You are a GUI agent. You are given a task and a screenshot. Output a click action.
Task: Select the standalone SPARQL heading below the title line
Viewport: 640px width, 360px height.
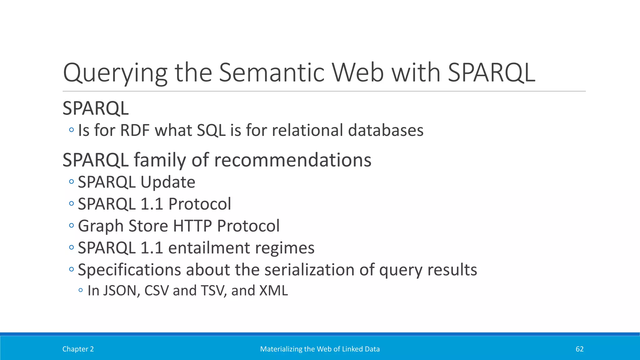point(96,108)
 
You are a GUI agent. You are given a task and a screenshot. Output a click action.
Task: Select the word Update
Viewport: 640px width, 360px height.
point(168,182)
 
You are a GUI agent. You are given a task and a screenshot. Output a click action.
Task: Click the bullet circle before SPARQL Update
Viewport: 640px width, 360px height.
point(72,182)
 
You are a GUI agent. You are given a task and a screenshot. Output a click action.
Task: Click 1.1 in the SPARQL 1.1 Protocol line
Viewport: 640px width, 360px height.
point(152,204)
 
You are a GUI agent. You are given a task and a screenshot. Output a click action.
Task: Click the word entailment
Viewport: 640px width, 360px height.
point(209,248)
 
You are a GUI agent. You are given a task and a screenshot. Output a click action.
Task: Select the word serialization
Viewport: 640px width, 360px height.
point(309,270)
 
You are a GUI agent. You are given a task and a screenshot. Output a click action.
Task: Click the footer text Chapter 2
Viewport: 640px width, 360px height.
point(78,349)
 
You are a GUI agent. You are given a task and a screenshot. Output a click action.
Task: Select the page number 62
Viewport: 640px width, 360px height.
point(579,349)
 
